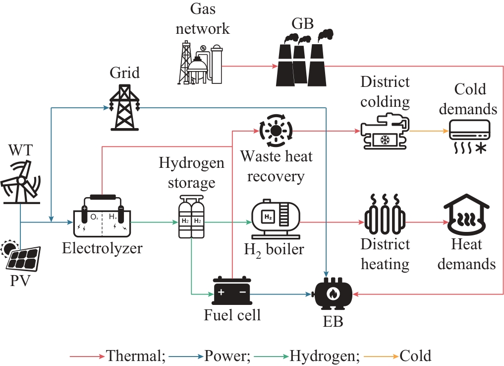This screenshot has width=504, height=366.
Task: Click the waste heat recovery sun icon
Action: [275, 131]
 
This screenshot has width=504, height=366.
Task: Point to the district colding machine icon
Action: [385, 132]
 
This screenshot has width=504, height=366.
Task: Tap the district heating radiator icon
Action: [385, 217]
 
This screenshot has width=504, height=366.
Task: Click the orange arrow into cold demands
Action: [431, 132]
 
